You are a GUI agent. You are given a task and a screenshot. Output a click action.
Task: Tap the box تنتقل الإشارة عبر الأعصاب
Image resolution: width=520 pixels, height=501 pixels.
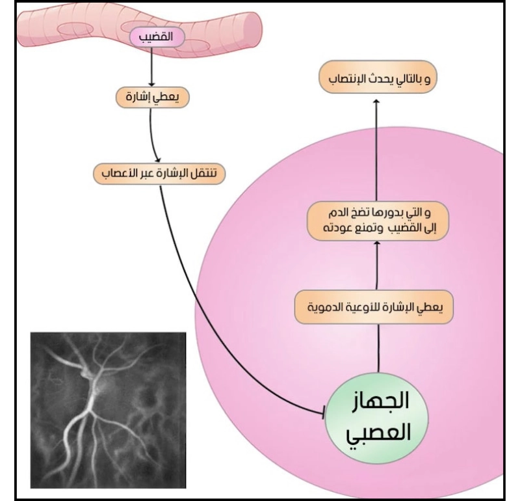point(160,174)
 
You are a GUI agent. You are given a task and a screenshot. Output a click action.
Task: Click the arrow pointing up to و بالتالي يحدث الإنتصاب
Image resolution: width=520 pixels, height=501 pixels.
point(376,150)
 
